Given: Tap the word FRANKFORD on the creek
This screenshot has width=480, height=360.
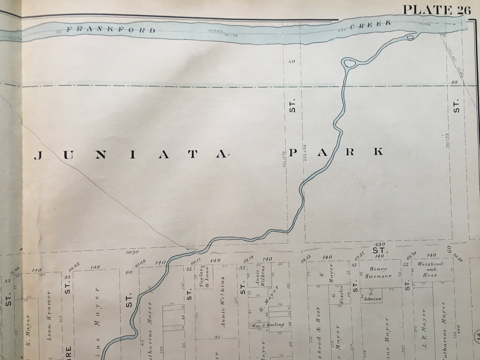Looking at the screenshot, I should (111, 30).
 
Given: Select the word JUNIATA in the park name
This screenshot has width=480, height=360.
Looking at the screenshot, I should (131, 155).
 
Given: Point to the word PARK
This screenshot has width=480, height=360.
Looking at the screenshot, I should (336, 151).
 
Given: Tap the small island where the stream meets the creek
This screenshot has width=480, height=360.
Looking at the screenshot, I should (410, 37).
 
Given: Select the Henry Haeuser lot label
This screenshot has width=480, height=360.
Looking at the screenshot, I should (378, 272).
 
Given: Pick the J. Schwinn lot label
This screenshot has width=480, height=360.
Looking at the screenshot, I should (371, 296).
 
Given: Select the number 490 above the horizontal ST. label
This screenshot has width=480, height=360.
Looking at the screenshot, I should (378, 244).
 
